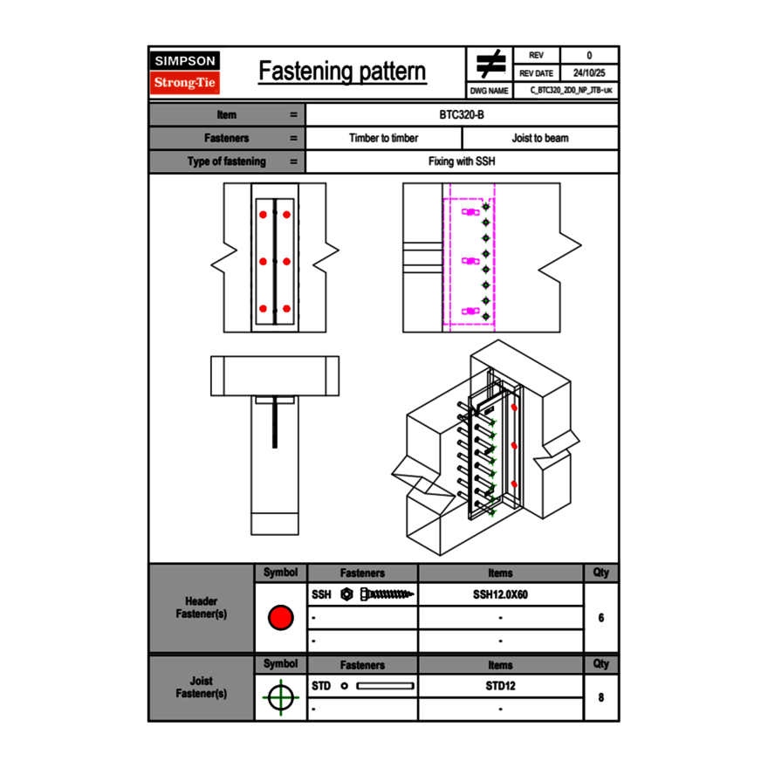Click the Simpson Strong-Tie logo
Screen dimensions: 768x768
[x=185, y=72]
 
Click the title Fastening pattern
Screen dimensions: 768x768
[x=342, y=72]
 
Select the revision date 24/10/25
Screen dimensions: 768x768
[x=589, y=73]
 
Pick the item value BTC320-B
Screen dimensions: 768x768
[x=462, y=114]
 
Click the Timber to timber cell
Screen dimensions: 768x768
[x=383, y=138]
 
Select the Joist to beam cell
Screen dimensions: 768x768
[x=540, y=138]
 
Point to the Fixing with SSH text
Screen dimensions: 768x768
[x=462, y=161]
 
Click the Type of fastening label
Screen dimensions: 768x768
[x=227, y=161]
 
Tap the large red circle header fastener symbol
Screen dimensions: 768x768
[x=280, y=618]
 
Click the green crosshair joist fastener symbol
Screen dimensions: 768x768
[x=280, y=697]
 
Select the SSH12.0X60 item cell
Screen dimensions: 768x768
[x=500, y=594]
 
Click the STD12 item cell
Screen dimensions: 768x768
[x=500, y=686]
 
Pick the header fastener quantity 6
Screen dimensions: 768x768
[x=601, y=617]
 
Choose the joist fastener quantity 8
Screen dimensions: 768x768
[x=601, y=697]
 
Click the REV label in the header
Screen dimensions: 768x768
[x=536, y=56]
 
